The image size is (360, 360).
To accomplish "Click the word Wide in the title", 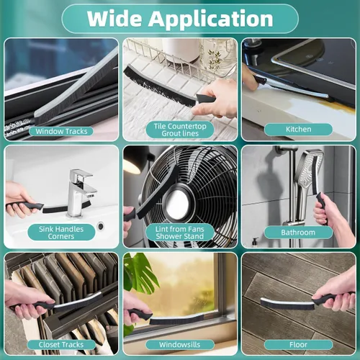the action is point(114,19).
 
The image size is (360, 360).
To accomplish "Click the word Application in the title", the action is point(210,19).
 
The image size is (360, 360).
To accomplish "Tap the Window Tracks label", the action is point(61,131).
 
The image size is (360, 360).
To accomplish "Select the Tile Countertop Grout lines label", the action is point(180,130).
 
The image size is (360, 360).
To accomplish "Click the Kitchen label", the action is point(298,130).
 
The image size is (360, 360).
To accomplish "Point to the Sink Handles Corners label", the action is point(61,233).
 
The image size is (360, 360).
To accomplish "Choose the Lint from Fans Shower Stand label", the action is point(180,233).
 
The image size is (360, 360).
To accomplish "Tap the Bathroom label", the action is point(298,233).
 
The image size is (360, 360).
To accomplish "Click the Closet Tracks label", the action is point(61,345).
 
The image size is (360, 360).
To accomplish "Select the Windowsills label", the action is point(180,345).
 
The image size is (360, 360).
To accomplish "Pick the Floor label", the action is point(298,345).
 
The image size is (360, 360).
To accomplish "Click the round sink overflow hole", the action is point(101,226).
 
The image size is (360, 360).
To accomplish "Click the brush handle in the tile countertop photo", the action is point(206,99).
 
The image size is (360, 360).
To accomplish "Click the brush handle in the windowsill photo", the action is point(139,314).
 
